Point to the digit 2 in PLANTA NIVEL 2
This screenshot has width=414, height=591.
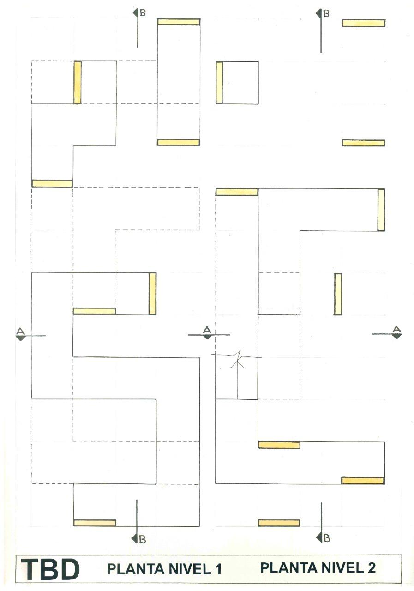372,567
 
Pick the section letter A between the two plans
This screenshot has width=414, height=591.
207,329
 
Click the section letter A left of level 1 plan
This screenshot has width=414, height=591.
20,331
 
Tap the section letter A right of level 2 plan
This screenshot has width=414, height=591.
396,329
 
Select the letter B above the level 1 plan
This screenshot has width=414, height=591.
143,13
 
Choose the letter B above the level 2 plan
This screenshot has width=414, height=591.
326,13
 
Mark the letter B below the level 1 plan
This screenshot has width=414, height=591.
143,538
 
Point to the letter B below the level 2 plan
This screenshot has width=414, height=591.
326,537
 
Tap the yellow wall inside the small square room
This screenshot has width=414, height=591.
219,82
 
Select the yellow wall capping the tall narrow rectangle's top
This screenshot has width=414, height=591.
179,22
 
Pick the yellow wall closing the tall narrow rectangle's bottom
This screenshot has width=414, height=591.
178,142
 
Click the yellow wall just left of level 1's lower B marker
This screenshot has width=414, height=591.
95,523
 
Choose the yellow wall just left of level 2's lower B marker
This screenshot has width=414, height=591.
279,523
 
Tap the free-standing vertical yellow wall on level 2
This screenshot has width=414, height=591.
338,294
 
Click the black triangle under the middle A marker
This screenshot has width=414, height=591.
207,337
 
